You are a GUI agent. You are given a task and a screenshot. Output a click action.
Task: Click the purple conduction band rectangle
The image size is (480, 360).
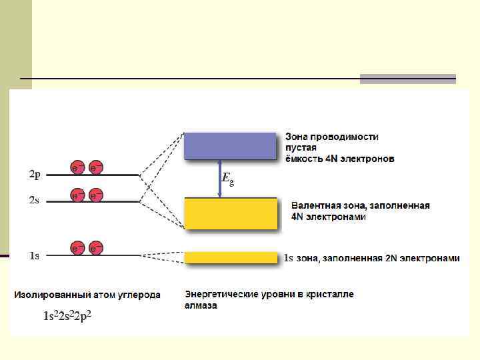(230, 145)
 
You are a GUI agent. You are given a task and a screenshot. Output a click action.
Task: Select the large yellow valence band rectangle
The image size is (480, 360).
(230, 213)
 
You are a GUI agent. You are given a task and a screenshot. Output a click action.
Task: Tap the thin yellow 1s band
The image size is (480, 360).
(230, 257)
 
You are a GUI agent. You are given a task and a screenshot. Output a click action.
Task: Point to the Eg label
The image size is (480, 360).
(227, 179)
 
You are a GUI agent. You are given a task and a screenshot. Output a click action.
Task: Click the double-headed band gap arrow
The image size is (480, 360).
(219, 179)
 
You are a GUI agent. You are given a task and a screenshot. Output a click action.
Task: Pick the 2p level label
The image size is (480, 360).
(35, 175)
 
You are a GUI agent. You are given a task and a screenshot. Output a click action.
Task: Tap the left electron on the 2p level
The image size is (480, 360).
(78, 167)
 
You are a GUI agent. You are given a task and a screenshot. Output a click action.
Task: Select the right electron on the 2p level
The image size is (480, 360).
(96, 167)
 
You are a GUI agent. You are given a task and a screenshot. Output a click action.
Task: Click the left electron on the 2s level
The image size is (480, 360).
(78, 195)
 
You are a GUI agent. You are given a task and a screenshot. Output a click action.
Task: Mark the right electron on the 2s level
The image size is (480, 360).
(96, 195)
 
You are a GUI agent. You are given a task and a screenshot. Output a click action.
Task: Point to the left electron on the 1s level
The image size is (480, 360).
(78, 248)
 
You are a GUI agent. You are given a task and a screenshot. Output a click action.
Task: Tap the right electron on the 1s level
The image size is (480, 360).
(96, 248)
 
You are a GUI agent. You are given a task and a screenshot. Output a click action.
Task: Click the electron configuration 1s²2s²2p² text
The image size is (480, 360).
(67, 316)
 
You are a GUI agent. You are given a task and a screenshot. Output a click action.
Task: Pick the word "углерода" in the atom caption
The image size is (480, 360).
(138, 295)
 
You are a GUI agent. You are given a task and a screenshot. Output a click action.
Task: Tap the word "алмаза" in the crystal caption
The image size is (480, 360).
(201, 306)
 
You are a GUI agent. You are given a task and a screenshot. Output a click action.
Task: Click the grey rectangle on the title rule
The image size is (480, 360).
(407, 79)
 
